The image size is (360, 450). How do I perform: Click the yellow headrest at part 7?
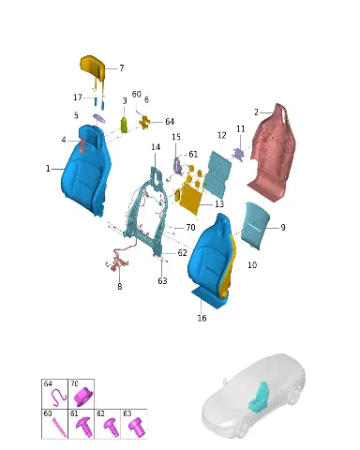tap(92, 67)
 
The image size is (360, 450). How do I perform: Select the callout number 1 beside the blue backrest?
tap(48, 169)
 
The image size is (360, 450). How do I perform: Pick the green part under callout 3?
tap(125, 125)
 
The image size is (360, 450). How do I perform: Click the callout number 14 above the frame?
tap(156, 147)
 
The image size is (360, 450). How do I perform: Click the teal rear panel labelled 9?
tap(255, 225)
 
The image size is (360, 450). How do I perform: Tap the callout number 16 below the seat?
tap(202, 318)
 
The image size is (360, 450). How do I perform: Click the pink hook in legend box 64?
tap(58, 397)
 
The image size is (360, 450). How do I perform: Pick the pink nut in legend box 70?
tap(82, 397)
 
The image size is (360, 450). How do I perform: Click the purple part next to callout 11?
tap(238, 154)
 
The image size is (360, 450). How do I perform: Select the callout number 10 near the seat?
tap(252, 265)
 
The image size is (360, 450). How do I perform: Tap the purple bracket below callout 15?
tap(177, 165)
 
